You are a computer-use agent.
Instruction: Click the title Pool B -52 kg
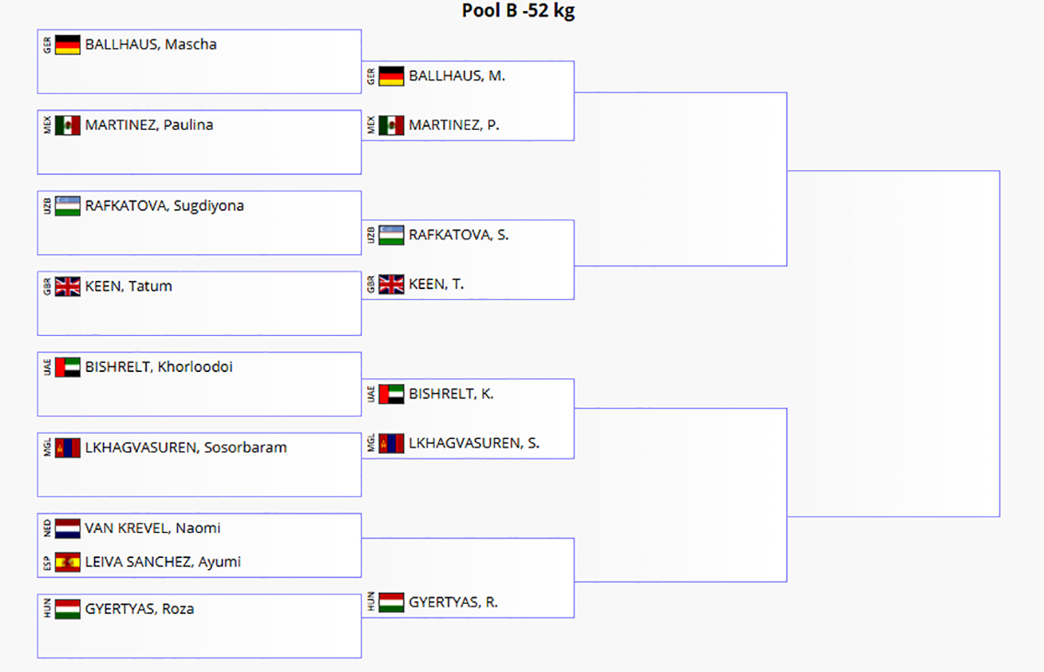pyautogui.click(x=518, y=11)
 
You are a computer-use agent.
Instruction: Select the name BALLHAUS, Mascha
pyautogui.click(x=150, y=44)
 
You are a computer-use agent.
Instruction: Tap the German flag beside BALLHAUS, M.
pyautogui.click(x=391, y=75)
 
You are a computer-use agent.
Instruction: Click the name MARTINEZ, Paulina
pyautogui.click(x=149, y=125)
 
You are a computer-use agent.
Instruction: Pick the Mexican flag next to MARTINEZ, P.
pyautogui.click(x=391, y=125)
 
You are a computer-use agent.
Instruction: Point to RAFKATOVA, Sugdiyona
pyautogui.click(x=165, y=206)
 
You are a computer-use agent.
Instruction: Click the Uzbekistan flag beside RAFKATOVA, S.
pyautogui.click(x=391, y=235)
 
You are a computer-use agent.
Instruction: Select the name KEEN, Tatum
pyautogui.click(x=129, y=286)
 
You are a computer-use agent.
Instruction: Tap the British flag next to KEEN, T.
pyautogui.click(x=391, y=284)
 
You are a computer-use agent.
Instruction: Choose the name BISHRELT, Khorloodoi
pyautogui.click(x=159, y=367)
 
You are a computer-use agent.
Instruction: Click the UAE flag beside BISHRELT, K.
pyautogui.click(x=391, y=394)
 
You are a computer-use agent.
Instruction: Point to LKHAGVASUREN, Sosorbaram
pyautogui.click(x=186, y=447)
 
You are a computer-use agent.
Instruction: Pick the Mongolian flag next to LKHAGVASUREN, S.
pyautogui.click(x=391, y=444)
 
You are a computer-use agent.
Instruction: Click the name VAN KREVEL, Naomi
pyautogui.click(x=153, y=528)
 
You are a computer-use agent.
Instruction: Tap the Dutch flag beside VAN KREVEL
pyautogui.click(x=68, y=528)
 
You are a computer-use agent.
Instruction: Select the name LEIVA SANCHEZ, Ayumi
pyautogui.click(x=163, y=562)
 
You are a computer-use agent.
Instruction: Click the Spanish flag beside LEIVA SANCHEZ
pyautogui.click(x=68, y=562)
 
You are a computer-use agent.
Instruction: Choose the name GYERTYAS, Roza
pyautogui.click(x=140, y=608)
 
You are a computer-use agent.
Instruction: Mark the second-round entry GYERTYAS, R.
pyautogui.click(x=454, y=602)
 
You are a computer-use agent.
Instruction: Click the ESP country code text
pyautogui.click(x=47, y=563)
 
